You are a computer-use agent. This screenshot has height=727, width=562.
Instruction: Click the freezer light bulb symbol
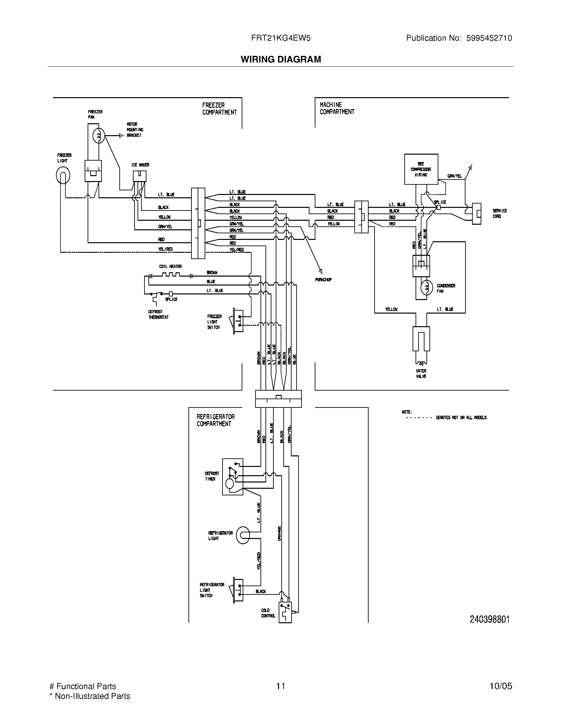click(x=63, y=175)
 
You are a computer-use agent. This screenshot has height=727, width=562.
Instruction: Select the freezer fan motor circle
click(x=99, y=135)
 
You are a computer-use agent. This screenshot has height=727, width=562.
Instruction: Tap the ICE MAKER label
click(x=140, y=165)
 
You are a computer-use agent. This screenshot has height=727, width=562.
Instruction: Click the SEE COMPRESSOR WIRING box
click(x=421, y=169)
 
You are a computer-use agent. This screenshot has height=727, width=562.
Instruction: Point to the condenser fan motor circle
click(x=426, y=288)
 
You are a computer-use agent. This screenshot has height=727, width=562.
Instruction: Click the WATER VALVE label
click(x=421, y=373)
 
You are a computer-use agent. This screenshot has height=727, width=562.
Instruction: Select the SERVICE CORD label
click(x=500, y=213)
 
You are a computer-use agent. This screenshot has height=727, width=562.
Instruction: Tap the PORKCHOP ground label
click(x=323, y=280)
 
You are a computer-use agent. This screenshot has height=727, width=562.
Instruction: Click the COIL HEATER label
click(x=170, y=266)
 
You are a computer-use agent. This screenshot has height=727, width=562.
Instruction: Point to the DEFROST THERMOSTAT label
click(x=158, y=315)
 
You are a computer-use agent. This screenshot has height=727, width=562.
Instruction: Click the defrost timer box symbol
click(x=232, y=477)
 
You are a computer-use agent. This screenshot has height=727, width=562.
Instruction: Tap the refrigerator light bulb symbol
click(x=243, y=535)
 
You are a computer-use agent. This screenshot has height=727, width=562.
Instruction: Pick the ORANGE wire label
click(x=279, y=533)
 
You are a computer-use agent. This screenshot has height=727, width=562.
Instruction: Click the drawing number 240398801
click(x=489, y=619)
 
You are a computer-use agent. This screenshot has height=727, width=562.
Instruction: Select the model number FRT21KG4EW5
click(x=281, y=38)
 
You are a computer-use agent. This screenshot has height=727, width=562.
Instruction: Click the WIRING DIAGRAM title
click(x=281, y=59)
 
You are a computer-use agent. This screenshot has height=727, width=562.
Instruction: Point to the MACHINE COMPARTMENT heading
click(x=337, y=108)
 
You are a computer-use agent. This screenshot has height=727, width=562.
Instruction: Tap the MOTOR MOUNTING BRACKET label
click(x=135, y=130)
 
